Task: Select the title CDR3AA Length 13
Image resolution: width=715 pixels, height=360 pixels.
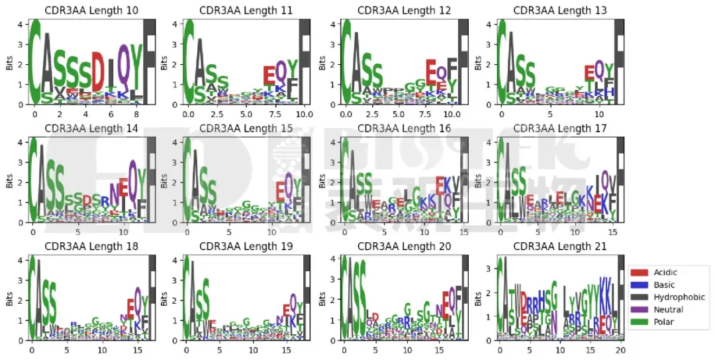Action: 559,11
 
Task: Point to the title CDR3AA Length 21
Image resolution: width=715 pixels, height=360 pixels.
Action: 559,247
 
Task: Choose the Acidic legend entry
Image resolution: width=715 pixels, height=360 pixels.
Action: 665,272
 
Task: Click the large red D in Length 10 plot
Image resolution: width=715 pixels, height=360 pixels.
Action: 97,71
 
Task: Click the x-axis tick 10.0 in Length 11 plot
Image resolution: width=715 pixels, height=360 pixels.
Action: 303,114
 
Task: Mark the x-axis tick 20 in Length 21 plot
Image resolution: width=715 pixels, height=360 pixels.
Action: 620,350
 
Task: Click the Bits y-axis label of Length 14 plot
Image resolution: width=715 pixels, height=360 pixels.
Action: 9,182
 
